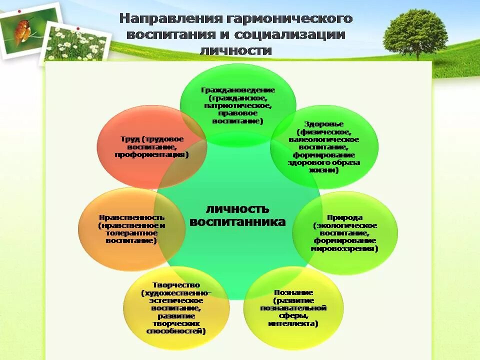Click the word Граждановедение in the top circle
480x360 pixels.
tap(238, 90)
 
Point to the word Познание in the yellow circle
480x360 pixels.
tap(293, 292)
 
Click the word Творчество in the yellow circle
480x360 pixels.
tap(176, 285)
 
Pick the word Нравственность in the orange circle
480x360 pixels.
tap(132, 217)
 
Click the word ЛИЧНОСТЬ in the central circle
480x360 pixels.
tap(237, 208)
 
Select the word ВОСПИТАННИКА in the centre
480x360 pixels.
tap(238, 221)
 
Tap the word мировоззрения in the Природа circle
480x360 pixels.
tap(344, 248)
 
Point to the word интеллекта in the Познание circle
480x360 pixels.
tap(293, 323)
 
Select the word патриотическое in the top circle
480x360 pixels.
tap(238, 105)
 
